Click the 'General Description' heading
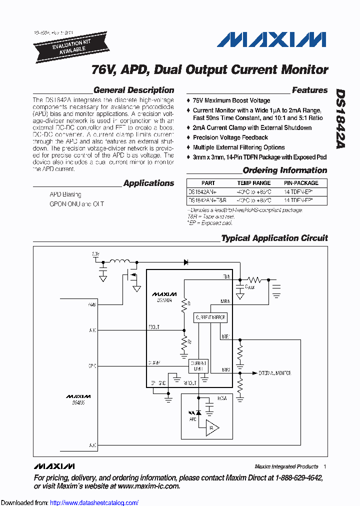click(x=133, y=90)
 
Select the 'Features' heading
click(x=309, y=90)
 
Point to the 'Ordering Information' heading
click(x=284, y=170)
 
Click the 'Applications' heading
click(x=148, y=183)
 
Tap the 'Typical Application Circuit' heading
click(x=274, y=238)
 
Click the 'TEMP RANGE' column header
click(x=254, y=183)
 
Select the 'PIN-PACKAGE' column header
click(x=298, y=183)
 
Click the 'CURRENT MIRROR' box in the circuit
click(x=210, y=317)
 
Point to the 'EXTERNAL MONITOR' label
click(x=274, y=373)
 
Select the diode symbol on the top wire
click(x=186, y=261)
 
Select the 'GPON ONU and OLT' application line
click(x=76, y=204)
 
